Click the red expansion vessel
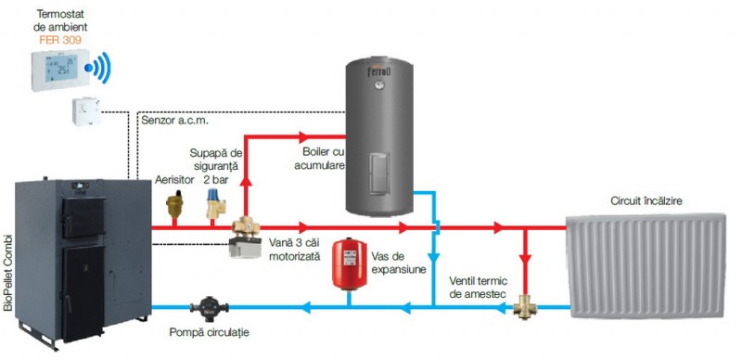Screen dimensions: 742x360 350,264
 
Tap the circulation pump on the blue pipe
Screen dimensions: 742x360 209,306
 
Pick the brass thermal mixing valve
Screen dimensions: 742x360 525,306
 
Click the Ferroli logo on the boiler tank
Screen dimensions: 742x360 379,72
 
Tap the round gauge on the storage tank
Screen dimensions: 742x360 379,85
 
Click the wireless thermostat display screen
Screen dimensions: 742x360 61,68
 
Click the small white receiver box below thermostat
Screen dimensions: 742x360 86,111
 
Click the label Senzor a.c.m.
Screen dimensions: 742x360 174,121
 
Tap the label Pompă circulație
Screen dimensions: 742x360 210,332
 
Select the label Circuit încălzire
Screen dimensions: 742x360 646,201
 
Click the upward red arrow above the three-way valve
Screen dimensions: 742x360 246,182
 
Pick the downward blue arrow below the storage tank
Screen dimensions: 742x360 433,257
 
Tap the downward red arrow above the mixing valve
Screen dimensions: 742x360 525,259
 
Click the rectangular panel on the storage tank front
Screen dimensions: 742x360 379,172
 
